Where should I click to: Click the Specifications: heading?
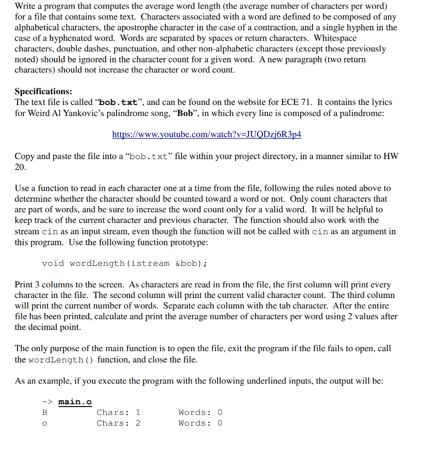(43, 91)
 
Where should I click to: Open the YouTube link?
(207, 134)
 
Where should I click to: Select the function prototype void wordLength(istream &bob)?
(124, 263)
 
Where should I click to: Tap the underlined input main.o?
(75, 402)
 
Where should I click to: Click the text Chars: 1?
(118, 412)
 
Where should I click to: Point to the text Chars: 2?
(118, 423)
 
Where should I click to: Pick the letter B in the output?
(44, 412)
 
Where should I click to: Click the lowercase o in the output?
(44, 424)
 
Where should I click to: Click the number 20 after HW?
(20, 167)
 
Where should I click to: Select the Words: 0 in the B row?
(200, 412)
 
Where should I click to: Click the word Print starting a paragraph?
(24, 285)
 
